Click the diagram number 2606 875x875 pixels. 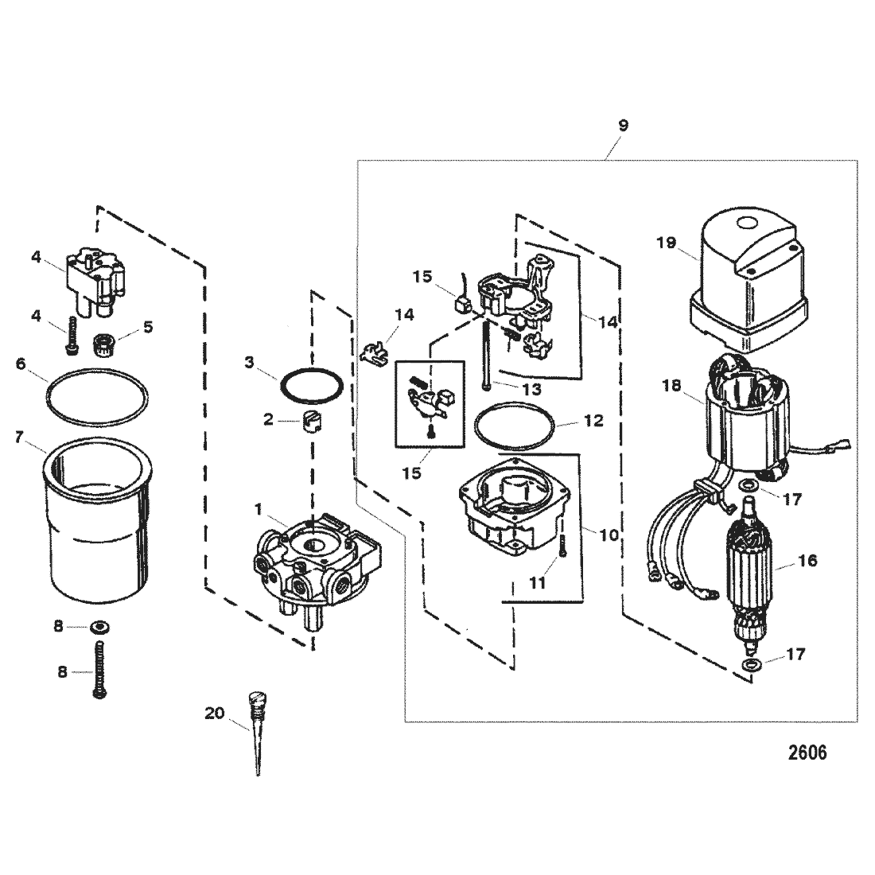coord(807,752)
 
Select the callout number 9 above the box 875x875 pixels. coord(624,126)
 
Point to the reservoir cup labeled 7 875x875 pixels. coord(96,522)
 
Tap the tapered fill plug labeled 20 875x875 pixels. coord(259,731)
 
